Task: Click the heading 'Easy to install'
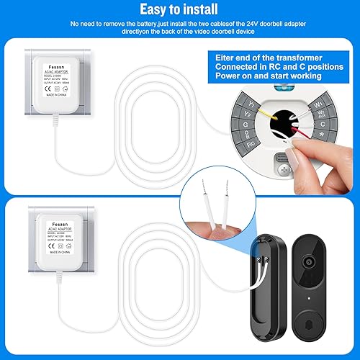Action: pyautogui.click(x=179, y=9)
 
